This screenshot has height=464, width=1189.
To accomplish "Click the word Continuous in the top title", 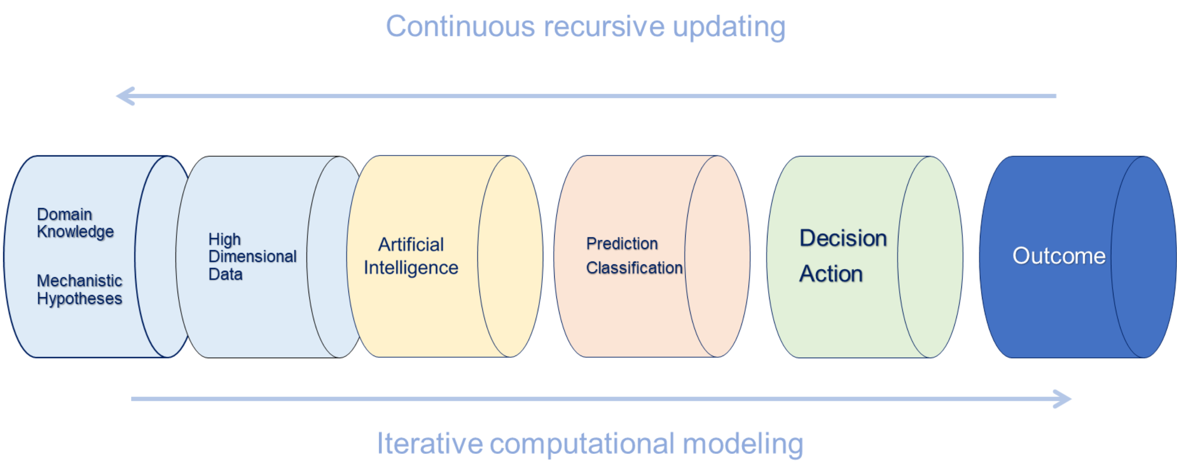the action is [461, 26].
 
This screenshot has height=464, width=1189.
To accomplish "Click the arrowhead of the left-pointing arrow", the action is [126, 96].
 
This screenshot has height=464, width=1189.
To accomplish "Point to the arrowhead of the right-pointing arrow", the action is [1062, 399].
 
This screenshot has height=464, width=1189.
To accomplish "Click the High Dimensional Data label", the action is [252, 256].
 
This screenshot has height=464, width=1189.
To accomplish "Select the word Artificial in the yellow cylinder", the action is [411, 245].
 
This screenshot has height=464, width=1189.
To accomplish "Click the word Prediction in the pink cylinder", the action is [622, 243].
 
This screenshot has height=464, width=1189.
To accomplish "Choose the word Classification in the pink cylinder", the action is [634, 268].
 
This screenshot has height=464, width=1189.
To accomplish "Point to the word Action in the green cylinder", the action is [831, 274].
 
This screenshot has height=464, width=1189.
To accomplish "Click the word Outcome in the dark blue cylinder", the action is [1059, 256].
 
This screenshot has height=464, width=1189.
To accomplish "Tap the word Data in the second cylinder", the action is [225, 274].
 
